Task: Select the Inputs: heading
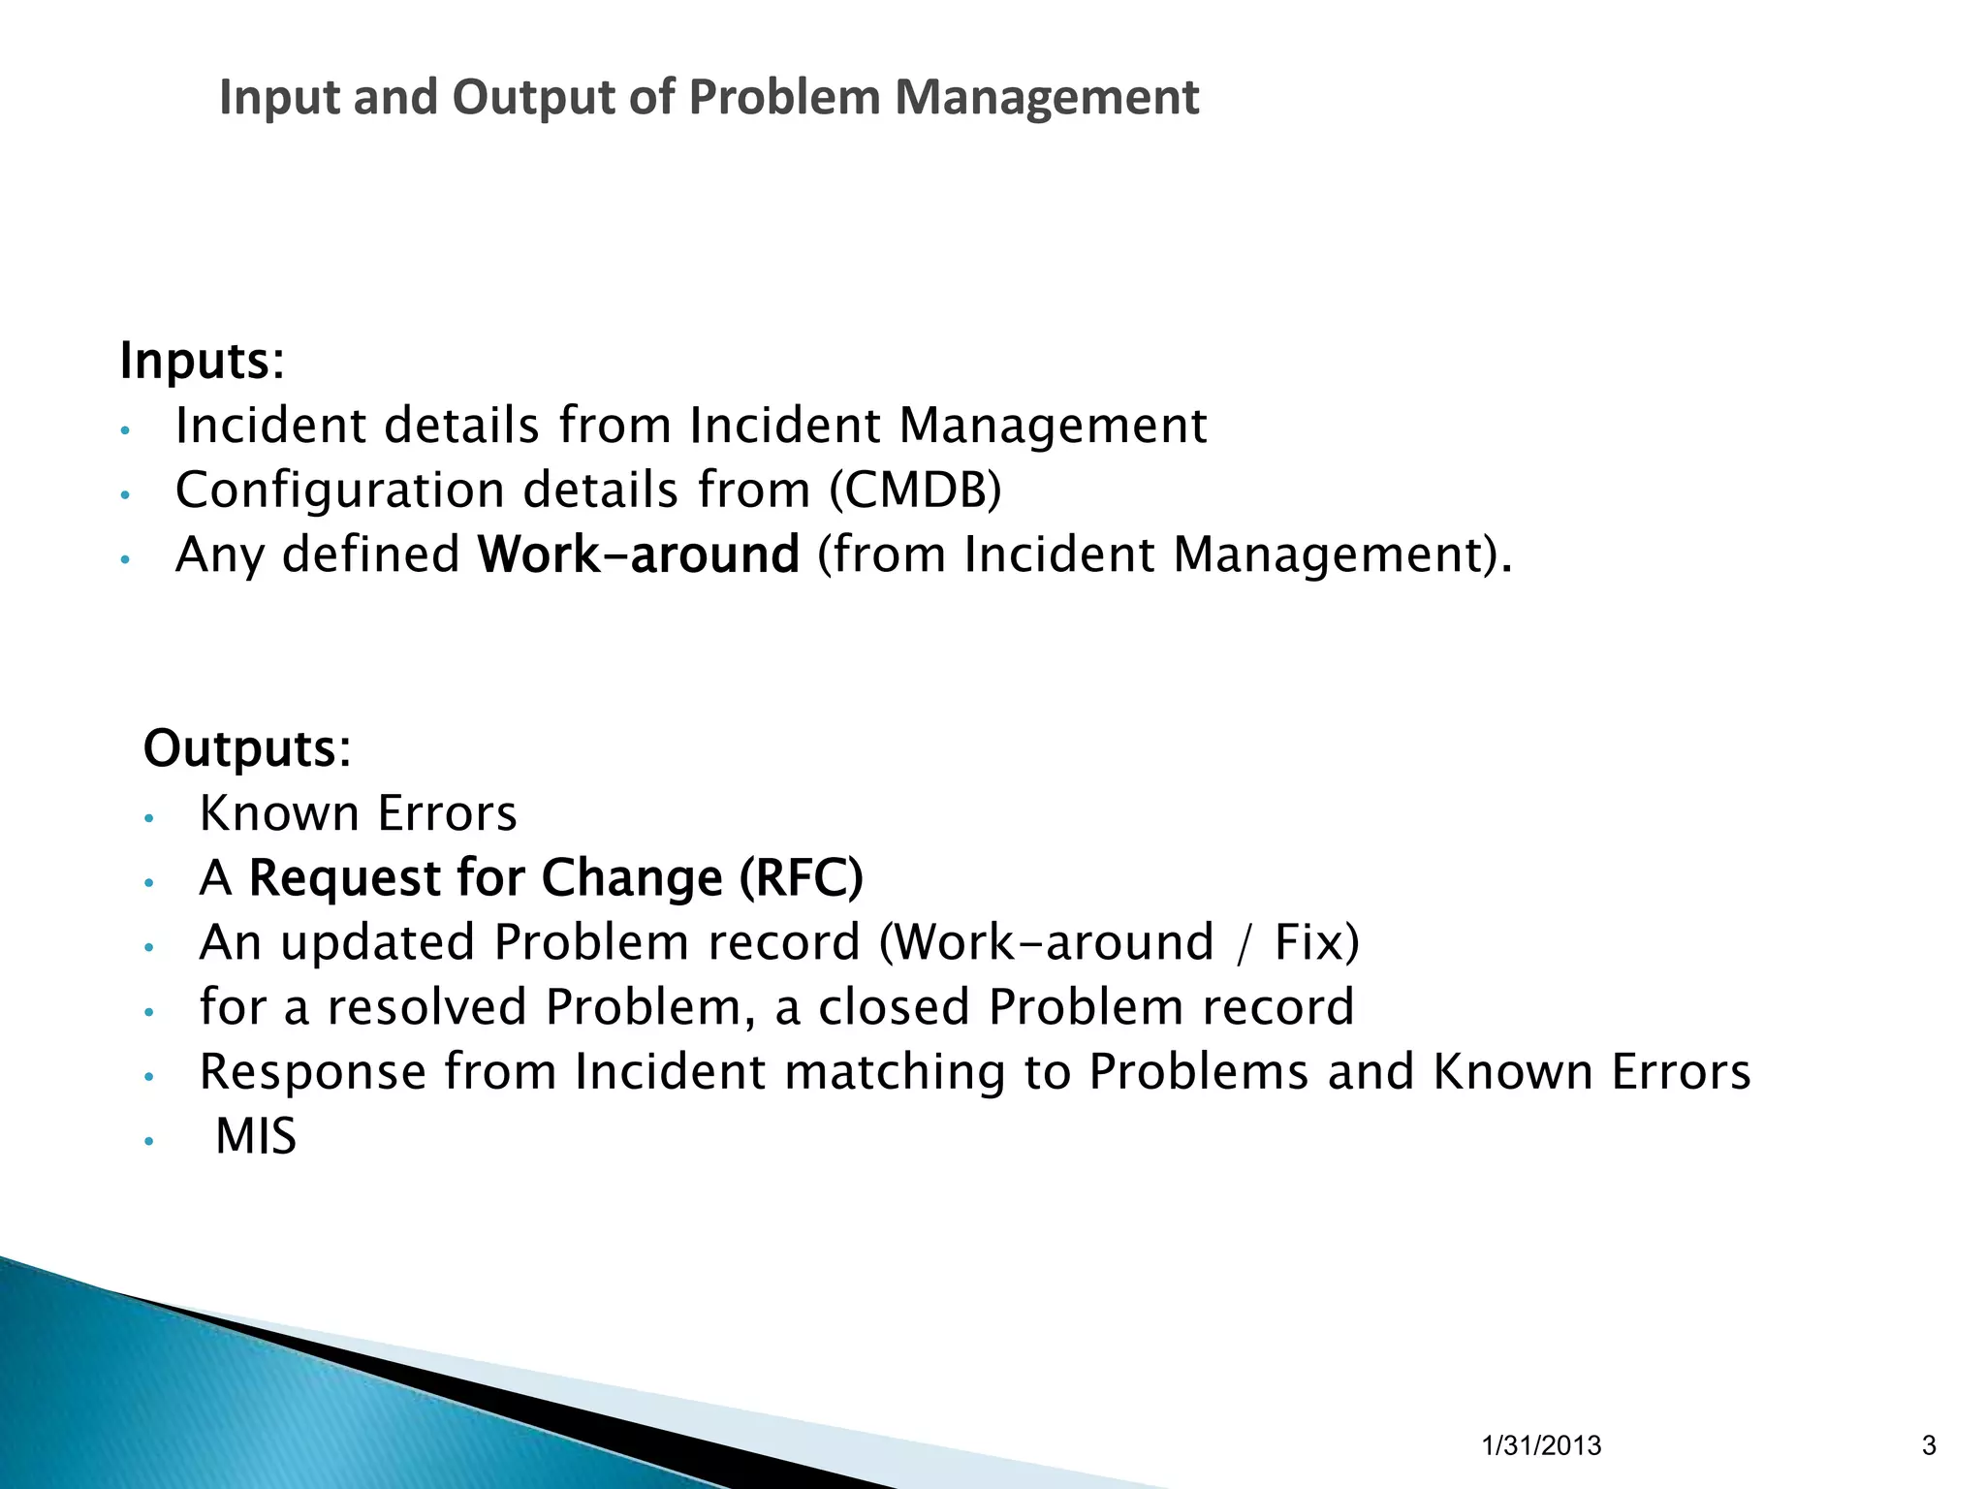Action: [202, 362]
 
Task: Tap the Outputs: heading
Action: [247, 749]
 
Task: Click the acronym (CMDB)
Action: [915, 490]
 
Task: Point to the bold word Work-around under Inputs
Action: [638, 554]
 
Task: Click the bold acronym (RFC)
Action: [801, 877]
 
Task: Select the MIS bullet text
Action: [255, 1136]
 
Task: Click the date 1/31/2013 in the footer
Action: [1541, 1445]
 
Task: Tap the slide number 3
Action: [1928, 1445]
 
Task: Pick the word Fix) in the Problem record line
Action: [1316, 942]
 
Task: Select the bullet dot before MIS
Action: [148, 1141]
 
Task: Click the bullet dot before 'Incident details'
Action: [124, 430]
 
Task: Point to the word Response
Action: [312, 1072]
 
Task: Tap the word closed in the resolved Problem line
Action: [894, 1007]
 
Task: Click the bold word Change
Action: [631, 878]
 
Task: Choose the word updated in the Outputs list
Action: [377, 943]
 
